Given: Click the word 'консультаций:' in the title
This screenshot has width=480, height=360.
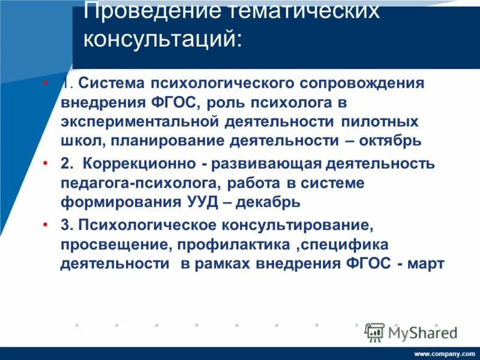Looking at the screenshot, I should pos(163,40).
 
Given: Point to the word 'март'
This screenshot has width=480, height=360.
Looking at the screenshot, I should pos(427,264).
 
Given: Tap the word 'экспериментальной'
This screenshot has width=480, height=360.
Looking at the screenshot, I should pos(137,121).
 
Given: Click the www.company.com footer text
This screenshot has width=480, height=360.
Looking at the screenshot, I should pos(444,354).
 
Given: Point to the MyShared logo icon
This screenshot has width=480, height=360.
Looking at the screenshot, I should pos(374,332).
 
